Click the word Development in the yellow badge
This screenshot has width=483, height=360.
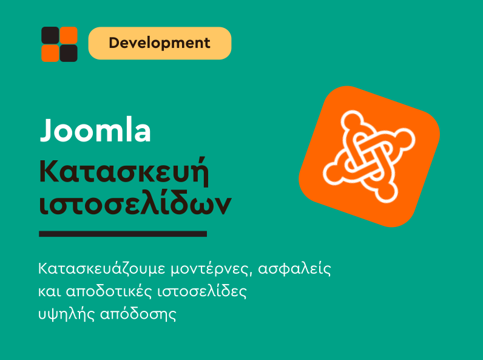coord(160,43)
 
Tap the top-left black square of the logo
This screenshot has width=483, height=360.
coord(50,35)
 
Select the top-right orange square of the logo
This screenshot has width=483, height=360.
coord(69,35)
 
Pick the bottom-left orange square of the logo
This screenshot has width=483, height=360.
coord(50,53)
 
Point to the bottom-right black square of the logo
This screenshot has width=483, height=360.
coord(69,53)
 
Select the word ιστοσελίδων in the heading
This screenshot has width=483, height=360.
coord(135,205)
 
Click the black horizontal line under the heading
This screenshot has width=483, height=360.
coord(123,233)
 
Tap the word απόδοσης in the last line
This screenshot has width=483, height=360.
coord(138,315)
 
